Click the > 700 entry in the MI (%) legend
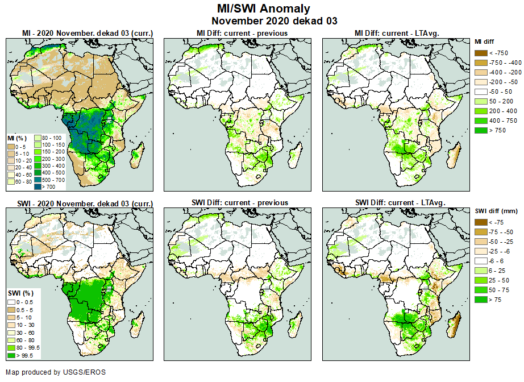[45, 186]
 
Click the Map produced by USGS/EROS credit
[56, 372]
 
